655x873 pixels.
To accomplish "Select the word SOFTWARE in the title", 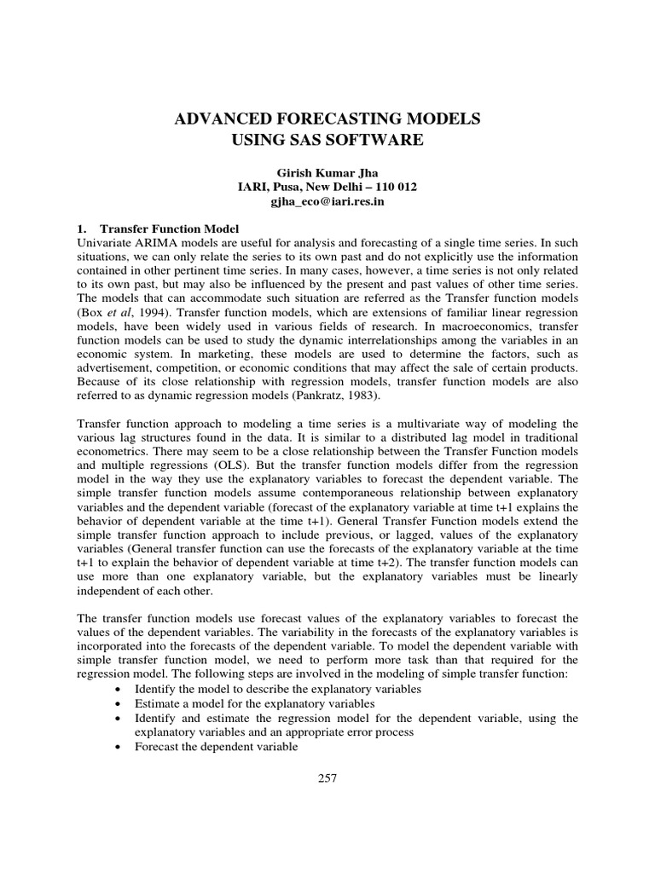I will click(x=374, y=139).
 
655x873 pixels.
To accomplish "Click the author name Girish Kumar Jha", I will click(x=327, y=171).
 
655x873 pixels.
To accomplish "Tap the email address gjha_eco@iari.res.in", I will click(x=327, y=203).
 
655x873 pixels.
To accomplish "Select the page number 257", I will click(x=327, y=778).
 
